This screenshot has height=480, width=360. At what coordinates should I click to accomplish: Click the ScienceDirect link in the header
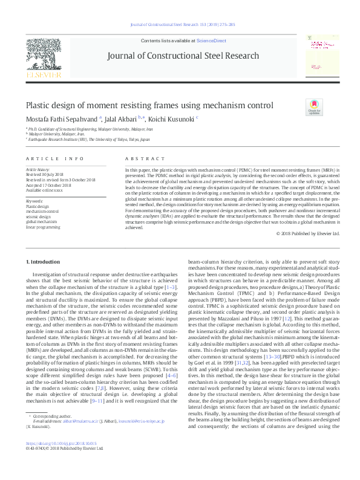211,40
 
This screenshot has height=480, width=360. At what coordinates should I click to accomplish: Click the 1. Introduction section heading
44,261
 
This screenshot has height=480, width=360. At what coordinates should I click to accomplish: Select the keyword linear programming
42,227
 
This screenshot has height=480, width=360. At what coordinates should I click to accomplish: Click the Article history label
37,170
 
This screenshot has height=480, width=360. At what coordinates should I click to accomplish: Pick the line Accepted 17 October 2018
49,184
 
